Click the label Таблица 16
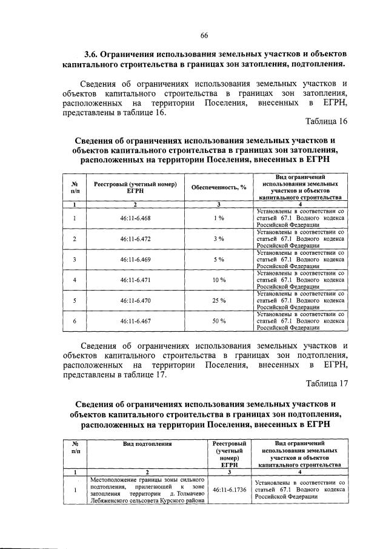326,121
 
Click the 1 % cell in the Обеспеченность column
219,218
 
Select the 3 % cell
219,238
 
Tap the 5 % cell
219,259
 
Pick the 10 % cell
219,280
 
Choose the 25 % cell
219,300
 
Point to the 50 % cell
219,321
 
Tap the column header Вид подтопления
148,444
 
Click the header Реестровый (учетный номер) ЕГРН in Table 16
135,187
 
